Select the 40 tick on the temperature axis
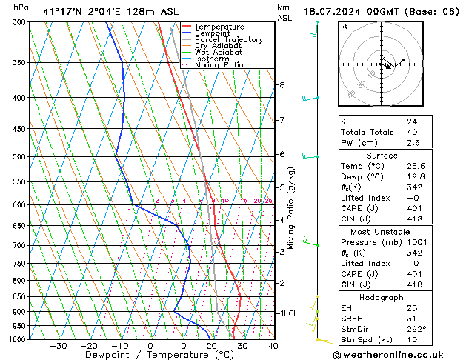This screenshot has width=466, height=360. (273, 346)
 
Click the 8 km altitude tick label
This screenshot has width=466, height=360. (282, 85)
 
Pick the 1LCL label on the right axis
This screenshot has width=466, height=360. (287, 313)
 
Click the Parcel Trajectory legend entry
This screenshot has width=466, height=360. (228, 39)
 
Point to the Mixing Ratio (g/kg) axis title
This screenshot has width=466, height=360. (291, 208)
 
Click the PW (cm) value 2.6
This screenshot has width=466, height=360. (413, 143)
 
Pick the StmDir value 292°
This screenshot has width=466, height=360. (416, 329)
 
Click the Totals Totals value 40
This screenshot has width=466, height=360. (412, 132)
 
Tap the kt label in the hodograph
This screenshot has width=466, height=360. (344, 26)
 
